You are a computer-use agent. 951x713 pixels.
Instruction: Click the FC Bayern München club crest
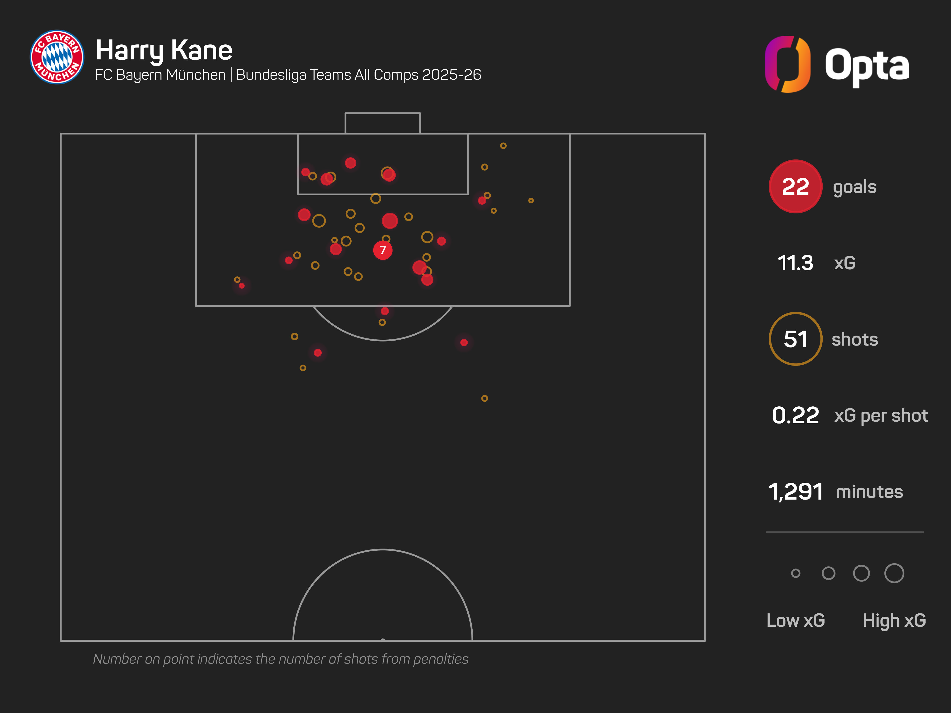(x=57, y=57)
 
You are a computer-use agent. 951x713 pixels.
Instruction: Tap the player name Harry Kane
(x=164, y=50)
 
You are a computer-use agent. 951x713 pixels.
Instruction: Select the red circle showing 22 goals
(x=795, y=187)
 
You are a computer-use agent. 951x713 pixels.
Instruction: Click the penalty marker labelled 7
(x=383, y=250)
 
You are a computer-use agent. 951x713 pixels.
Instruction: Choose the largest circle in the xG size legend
(x=894, y=573)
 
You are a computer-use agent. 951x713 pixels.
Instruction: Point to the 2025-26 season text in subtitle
(x=452, y=75)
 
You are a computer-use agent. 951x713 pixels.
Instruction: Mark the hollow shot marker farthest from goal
(x=485, y=398)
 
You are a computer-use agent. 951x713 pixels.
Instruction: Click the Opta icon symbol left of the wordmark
(x=788, y=64)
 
